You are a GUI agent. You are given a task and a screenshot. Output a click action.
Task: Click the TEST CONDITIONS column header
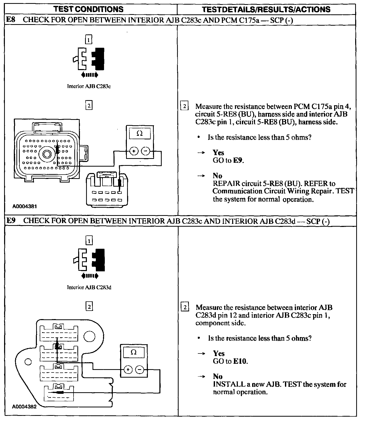click(x=88, y=9)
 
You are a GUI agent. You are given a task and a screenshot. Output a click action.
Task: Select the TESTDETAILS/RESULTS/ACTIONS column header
click(x=266, y=9)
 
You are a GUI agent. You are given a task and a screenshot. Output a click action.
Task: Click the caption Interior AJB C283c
click(x=89, y=86)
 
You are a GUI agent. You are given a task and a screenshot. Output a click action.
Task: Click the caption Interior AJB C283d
click(x=89, y=287)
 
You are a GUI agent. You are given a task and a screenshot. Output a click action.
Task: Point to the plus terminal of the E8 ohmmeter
click(x=134, y=151)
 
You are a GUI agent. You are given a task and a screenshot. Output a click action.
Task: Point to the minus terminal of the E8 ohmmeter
click(x=146, y=151)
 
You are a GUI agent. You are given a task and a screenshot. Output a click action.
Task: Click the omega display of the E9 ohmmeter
click(x=134, y=352)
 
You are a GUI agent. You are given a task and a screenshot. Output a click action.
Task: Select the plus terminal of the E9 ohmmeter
click(x=128, y=370)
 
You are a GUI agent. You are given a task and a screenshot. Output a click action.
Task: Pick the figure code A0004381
click(x=25, y=206)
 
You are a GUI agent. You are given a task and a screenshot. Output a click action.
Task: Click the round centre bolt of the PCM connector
click(x=47, y=154)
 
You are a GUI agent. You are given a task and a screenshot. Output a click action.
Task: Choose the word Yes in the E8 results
click(x=218, y=152)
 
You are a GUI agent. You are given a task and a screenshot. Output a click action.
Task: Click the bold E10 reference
click(x=240, y=361)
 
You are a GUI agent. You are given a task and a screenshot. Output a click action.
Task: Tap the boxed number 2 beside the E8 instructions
click(x=184, y=106)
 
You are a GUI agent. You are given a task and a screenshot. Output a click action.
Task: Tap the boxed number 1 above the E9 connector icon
click(x=89, y=241)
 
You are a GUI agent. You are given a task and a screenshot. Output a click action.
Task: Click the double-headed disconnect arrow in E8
click(x=89, y=75)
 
